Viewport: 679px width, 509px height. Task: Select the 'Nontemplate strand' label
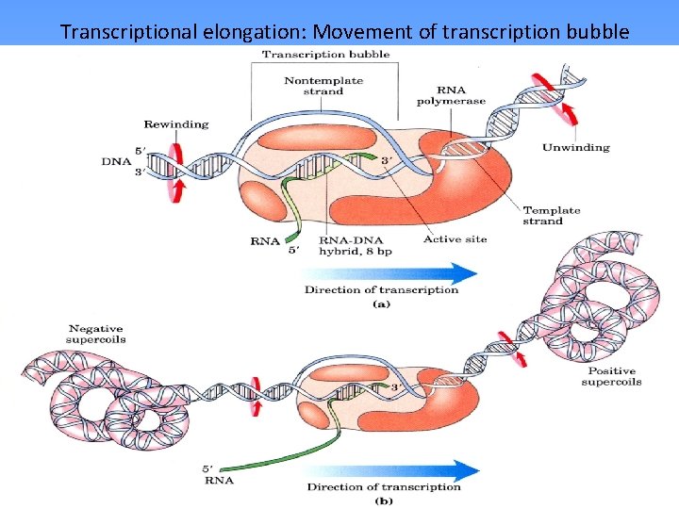[324, 86]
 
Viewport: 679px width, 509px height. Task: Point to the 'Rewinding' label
[175, 123]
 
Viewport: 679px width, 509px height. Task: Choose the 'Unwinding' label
[575, 147]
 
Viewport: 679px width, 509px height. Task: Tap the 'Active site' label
[455, 239]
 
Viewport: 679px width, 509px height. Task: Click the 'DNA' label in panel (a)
[111, 161]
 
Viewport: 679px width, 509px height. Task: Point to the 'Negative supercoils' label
[96, 334]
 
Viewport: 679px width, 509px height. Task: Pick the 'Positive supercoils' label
[610, 376]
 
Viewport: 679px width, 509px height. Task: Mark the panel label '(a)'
[382, 304]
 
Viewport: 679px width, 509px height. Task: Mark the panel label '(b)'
[383, 501]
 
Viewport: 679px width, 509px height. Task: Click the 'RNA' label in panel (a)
[264, 241]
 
